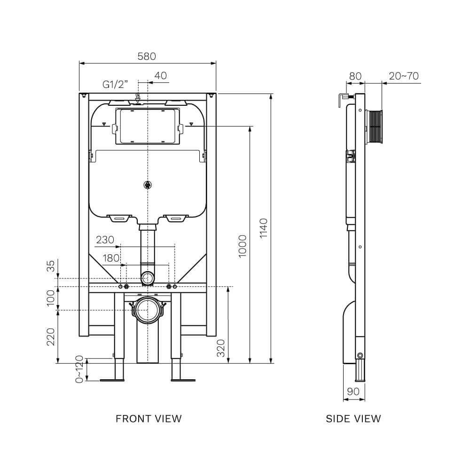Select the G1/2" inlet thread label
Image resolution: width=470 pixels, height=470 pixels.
click(x=116, y=85)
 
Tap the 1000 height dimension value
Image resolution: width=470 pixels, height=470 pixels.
click(x=242, y=245)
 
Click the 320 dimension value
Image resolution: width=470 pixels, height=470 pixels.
click(x=221, y=348)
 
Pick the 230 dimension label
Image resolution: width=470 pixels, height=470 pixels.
click(x=105, y=240)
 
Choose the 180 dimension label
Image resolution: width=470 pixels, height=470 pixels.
click(x=111, y=258)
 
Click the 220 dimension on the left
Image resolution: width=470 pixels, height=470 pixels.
click(x=52, y=337)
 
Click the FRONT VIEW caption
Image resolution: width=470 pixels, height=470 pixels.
click(x=149, y=418)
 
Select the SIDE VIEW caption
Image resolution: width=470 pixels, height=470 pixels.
click(x=353, y=418)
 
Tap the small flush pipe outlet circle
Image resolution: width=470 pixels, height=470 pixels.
click(x=148, y=278)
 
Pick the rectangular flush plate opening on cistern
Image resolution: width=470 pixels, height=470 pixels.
click(x=148, y=126)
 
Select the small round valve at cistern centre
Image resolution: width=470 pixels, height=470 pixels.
click(x=148, y=185)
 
